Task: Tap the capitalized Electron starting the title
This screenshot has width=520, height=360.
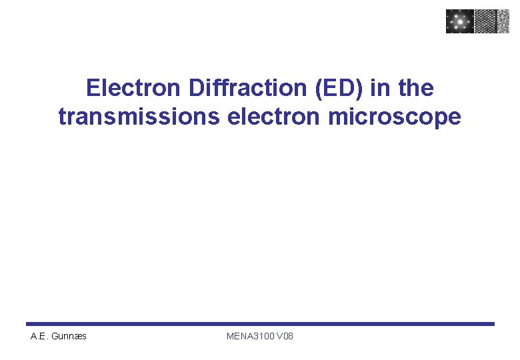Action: pos(135,87)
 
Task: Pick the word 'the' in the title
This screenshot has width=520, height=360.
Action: pos(414,87)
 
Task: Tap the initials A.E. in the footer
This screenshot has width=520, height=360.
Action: pos(39,336)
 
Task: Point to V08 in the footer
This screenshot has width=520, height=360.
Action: pos(284,336)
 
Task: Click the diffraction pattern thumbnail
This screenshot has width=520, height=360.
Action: pos(459,21)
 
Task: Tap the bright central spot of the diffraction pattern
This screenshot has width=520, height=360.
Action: pos(459,21)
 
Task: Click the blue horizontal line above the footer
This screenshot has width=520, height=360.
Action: pos(260,324)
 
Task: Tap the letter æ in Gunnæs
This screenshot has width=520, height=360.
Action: pos(79,336)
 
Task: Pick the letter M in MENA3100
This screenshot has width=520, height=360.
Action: pos(230,336)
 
